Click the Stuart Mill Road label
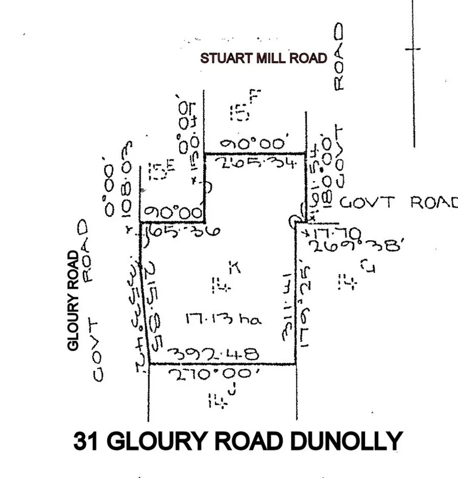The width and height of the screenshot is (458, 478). click(x=263, y=58)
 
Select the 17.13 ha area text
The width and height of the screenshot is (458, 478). click(x=223, y=319)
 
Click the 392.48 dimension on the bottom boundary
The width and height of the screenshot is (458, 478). click(x=213, y=354)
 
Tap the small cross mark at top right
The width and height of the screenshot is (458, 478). click(x=413, y=49)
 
